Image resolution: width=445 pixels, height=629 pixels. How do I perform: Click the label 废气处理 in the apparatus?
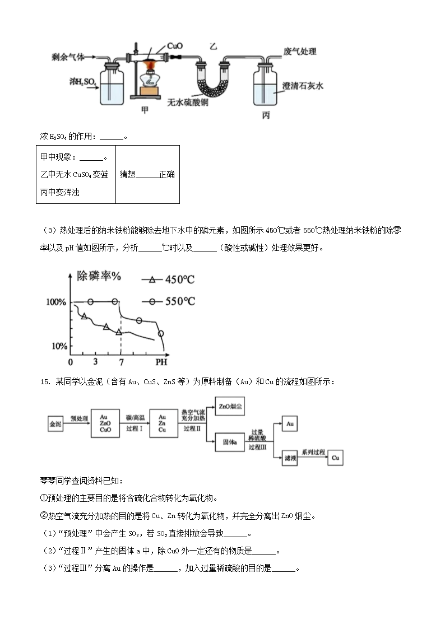pyautogui.click(x=300, y=52)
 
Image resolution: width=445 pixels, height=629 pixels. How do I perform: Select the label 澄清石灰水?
pyautogui.click(x=303, y=86)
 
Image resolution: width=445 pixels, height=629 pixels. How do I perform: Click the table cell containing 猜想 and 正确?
pyautogui.click(x=147, y=174)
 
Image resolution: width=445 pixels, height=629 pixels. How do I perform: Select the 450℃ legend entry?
pyautogui.click(x=173, y=280)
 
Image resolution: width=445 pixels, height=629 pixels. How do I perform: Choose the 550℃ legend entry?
pyautogui.click(x=173, y=301)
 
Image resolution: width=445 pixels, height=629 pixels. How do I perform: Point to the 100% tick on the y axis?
pyautogui.click(x=56, y=302)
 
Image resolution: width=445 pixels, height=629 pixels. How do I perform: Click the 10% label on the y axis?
pyautogui.click(x=58, y=346)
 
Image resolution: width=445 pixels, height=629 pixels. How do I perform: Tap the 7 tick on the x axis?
pyautogui.click(x=120, y=361)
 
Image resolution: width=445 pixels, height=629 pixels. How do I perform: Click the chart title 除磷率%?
pyautogui.click(x=100, y=276)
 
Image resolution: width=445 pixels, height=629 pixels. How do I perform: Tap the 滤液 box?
pyautogui.click(x=290, y=458)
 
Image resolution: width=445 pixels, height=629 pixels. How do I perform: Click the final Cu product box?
pyautogui.click(x=336, y=458)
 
